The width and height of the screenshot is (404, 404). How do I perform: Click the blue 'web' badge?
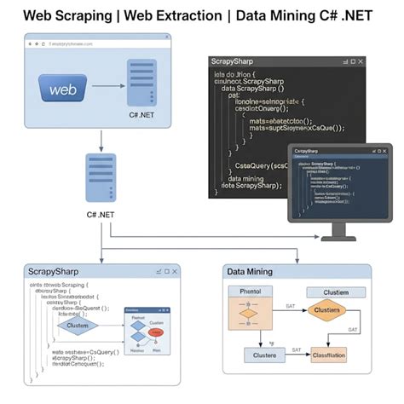65,89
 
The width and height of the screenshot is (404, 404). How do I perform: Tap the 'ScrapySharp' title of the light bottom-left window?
54,271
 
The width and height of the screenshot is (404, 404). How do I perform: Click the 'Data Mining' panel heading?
249,271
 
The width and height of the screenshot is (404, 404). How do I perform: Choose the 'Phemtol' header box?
251,291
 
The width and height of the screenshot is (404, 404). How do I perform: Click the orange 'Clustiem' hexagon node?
326,310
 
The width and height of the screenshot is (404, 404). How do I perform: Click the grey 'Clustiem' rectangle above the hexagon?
335,291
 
